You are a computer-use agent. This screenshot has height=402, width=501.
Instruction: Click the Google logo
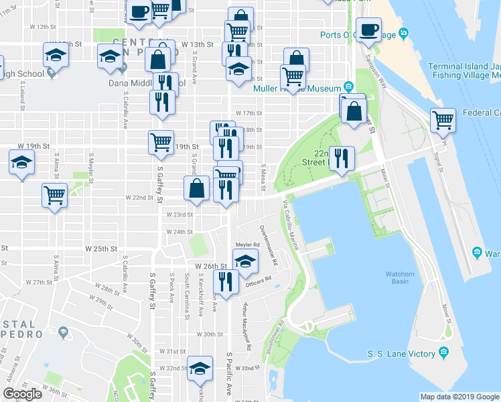[x=22, y=394]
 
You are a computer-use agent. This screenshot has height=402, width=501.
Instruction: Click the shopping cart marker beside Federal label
[x=443, y=121]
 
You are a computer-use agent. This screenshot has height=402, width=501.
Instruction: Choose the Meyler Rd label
[x=246, y=245]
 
